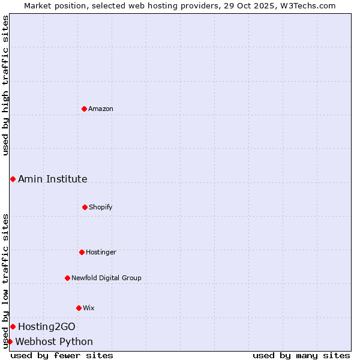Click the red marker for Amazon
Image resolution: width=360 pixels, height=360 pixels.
[x=84, y=109]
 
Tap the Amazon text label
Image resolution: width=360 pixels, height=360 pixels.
[x=101, y=109]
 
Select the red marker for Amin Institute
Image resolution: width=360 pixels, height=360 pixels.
[x=13, y=179]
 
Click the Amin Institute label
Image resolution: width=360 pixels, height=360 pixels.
[x=53, y=179]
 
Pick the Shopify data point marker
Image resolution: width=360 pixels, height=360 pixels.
[x=85, y=207]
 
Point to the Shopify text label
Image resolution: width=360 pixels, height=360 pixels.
[x=101, y=207]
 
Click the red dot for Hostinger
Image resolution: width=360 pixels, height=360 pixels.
[x=82, y=252]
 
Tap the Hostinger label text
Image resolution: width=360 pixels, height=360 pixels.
[x=101, y=252]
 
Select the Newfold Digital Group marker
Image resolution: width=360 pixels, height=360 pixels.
[x=67, y=278]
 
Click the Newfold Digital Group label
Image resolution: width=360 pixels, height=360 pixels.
[x=106, y=278]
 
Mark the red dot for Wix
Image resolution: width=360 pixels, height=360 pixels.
[x=79, y=308]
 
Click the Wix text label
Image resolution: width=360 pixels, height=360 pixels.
[x=89, y=308]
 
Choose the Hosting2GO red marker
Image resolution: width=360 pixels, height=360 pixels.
[x=13, y=326]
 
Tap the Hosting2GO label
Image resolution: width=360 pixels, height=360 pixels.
[x=47, y=326]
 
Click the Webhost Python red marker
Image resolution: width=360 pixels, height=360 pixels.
[x=10, y=341]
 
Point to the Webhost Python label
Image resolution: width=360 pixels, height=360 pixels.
[x=54, y=341]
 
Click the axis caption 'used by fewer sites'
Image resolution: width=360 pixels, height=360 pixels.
[x=62, y=355]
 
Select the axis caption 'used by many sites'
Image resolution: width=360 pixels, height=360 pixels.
[x=301, y=355]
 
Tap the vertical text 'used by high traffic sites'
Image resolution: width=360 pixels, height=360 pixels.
[x=5, y=85]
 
